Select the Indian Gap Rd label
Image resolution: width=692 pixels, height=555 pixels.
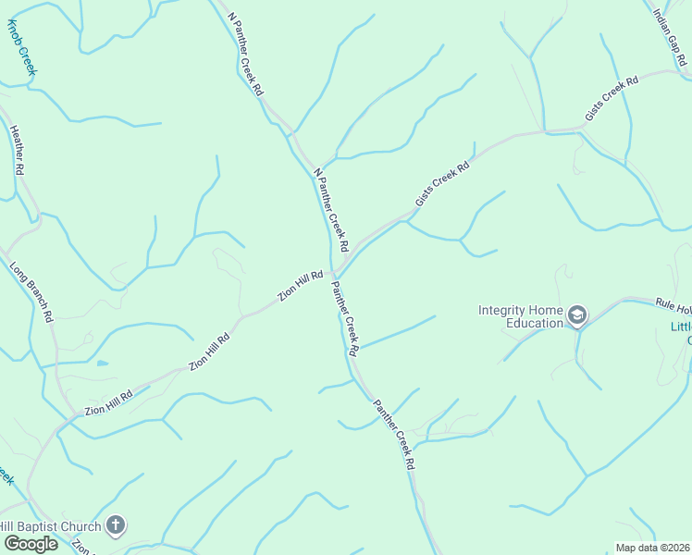coord(670,36)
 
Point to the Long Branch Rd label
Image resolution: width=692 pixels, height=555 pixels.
coord(31,292)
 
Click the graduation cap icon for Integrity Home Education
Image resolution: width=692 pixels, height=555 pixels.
coord(577,316)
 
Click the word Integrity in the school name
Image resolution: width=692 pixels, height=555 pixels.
coord(507,310)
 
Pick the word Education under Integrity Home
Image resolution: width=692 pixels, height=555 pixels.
coord(534,324)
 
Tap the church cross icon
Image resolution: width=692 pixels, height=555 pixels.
coord(115,526)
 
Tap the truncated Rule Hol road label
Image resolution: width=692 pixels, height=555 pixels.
coord(673,305)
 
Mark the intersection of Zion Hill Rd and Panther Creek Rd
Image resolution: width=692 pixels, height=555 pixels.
coord(334,274)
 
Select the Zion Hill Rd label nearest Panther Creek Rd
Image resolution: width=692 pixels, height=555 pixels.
coord(302,286)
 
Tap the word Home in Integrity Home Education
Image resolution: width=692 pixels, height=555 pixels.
coord(550,310)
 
